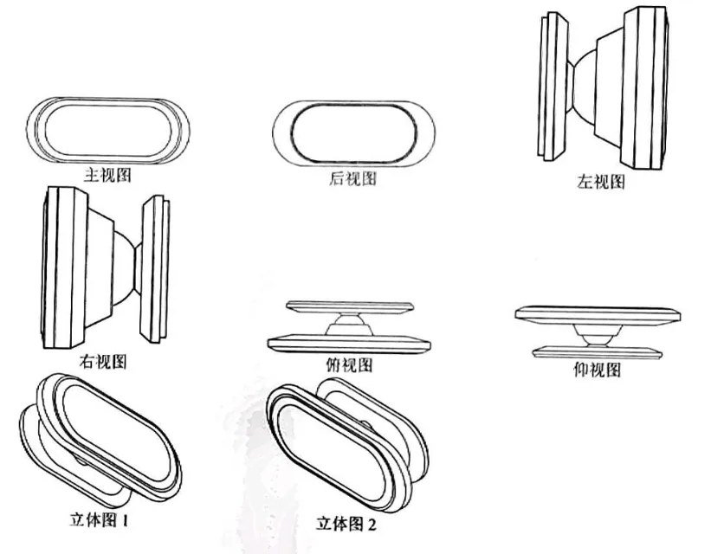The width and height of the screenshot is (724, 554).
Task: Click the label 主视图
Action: [x=108, y=175]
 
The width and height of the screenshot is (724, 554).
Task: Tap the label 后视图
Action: [x=354, y=179]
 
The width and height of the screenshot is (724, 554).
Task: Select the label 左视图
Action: [x=600, y=182]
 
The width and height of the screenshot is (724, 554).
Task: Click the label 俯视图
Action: [x=351, y=364]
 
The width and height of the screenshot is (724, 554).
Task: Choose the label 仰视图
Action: [x=598, y=370]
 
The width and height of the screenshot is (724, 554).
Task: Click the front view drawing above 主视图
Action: [x=107, y=129]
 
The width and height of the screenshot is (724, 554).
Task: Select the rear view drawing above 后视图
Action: [x=353, y=133]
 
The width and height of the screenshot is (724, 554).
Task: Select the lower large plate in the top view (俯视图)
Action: [x=350, y=341]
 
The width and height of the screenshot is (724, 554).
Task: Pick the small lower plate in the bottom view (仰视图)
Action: [x=596, y=351]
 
